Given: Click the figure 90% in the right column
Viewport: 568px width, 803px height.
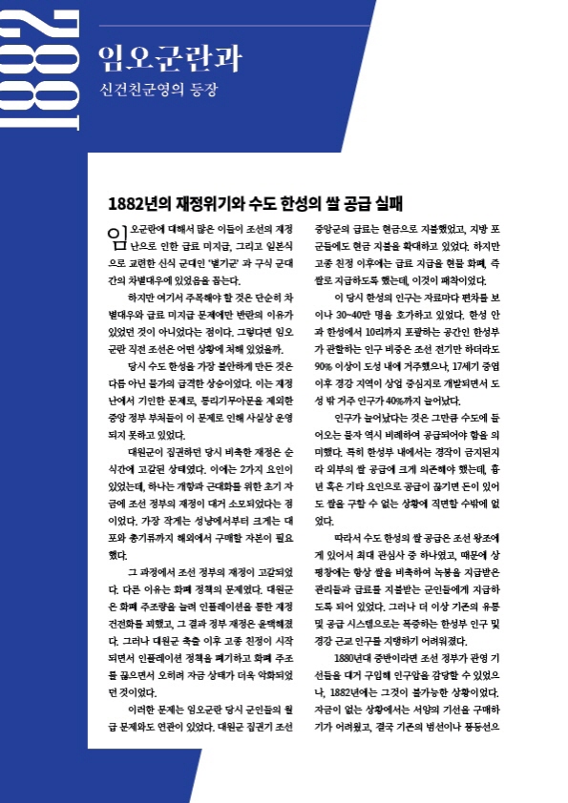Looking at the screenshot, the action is click(x=327, y=364).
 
